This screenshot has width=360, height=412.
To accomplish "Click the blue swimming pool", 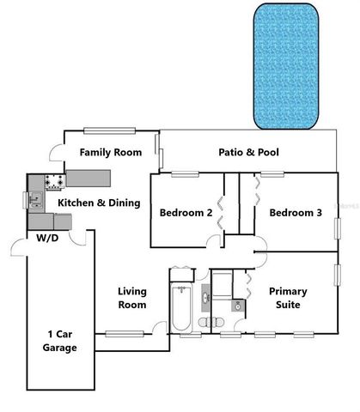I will [x=285, y=64].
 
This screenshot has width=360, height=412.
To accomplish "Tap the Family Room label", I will [x=110, y=153].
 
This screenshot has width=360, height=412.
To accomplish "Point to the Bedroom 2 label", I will [x=186, y=213].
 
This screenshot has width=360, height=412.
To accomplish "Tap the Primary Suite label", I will [x=288, y=298].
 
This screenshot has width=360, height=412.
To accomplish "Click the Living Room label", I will [x=131, y=298].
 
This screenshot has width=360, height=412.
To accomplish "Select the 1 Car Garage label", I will [x=60, y=341].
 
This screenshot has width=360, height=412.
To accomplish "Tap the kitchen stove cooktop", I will [x=56, y=181].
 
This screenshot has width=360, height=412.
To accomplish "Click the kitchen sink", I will [x=36, y=203].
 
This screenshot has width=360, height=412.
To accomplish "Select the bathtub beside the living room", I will [x=182, y=308].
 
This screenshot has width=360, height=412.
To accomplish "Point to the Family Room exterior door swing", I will [x=55, y=156].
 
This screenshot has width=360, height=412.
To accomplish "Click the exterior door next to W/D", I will [x=17, y=248].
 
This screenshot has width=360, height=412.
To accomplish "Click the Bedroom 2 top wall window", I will [x=184, y=174].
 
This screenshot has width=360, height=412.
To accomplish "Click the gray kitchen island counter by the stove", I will [x=89, y=178].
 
